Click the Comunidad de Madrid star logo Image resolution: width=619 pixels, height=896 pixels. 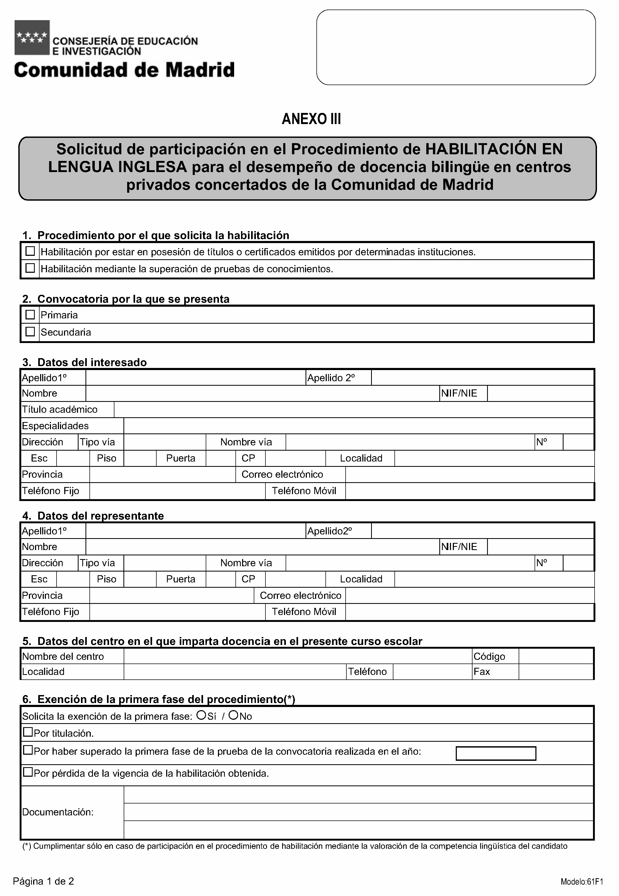[x=32, y=38]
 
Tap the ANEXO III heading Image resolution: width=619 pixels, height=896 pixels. [x=311, y=119]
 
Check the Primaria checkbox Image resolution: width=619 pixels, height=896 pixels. [x=30, y=315]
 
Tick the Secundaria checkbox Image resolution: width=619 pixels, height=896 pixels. [x=30, y=332]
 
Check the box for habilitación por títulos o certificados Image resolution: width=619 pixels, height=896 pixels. [x=30, y=251]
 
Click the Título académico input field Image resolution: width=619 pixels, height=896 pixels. [x=354, y=410]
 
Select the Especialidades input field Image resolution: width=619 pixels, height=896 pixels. [x=358, y=426]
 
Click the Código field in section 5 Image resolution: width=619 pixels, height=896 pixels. [x=556, y=656]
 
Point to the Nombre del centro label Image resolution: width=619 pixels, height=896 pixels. [x=63, y=656]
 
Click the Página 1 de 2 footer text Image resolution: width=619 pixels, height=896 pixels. [x=44, y=881]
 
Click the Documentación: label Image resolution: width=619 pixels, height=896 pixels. [x=58, y=812]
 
